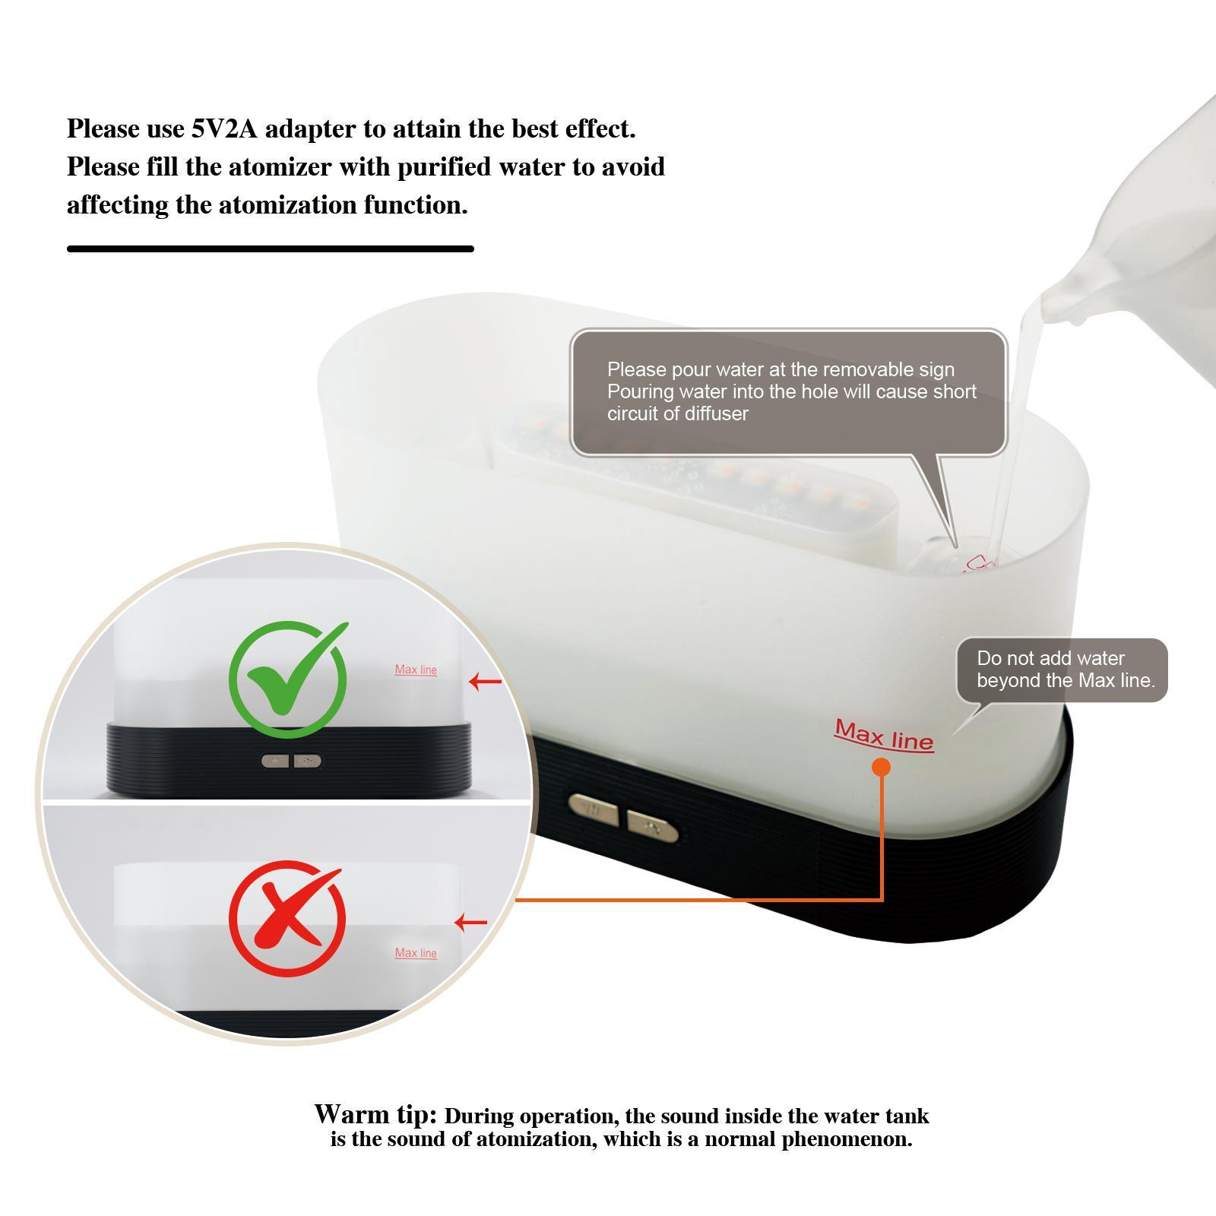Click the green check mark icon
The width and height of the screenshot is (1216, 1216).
pyautogui.click(x=288, y=679)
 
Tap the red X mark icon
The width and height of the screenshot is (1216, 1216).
pyautogui.click(x=287, y=918)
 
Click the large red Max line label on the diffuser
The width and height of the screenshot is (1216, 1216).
pyautogui.click(x=884, y=734)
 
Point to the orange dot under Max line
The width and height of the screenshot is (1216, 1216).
pyautogui.click(x=882, y=768)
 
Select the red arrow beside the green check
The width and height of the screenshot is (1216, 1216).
pyautogui.click(x=486, y=681)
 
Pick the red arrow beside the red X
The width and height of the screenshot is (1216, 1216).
pyautogui.click(x=470, y=923)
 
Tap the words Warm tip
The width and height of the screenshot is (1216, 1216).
pyautogui.click(x=375, y=1114)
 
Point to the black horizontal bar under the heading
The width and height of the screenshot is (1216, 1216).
pyautogui.click(x=271, y=249)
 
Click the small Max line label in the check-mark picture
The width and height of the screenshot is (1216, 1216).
pyautogui.click(x=416, y=670)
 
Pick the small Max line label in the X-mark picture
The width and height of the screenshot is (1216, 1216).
pyautogui.click(x=416, y=953)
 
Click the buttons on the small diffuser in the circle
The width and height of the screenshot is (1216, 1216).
pyautogui.click(x=291, y=760)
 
